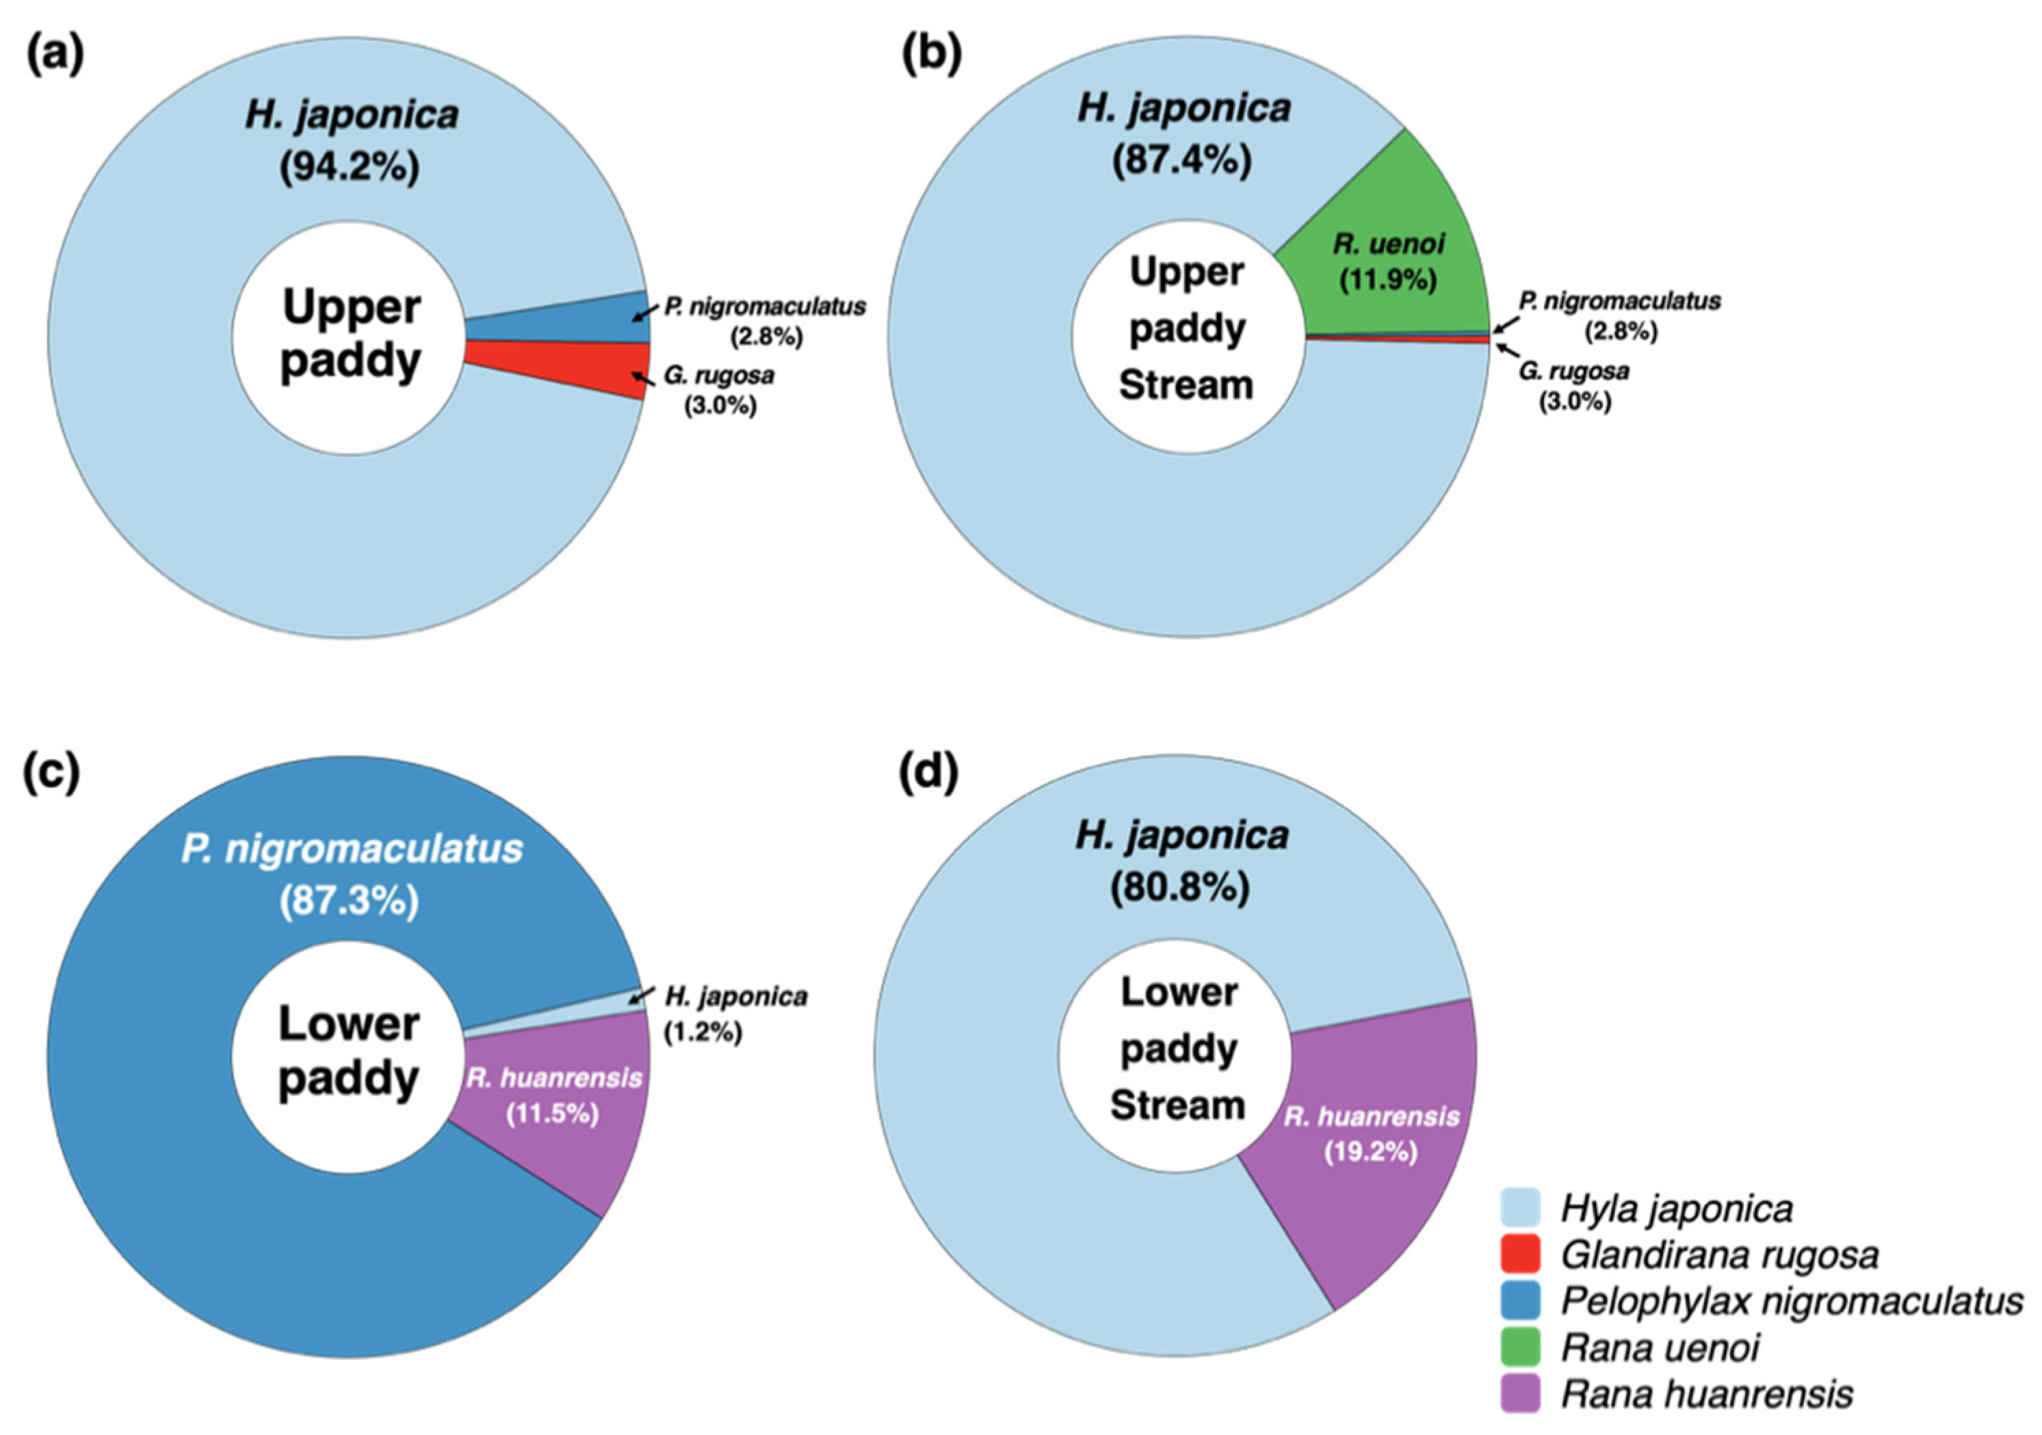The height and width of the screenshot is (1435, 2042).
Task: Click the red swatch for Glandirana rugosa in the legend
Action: point(1520,1254)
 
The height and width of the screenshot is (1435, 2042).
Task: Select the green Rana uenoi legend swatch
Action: point(1520,1347)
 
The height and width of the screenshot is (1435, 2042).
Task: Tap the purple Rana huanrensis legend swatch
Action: point(1520,1394)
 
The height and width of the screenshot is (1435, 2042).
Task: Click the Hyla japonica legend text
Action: point(1677,1209)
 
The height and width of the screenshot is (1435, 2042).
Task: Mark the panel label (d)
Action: point(930,774)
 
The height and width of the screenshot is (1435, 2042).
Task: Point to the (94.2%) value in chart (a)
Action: point(349,166)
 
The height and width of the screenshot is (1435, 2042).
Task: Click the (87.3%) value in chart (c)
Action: point(349,902)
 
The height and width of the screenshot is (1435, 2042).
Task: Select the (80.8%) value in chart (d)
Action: point(1179,887)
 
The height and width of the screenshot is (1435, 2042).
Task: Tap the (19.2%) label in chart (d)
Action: point(1370,1153)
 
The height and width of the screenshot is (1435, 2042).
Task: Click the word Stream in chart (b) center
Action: point(1186,386)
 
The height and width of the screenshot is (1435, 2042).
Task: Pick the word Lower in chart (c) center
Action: point(349,1024)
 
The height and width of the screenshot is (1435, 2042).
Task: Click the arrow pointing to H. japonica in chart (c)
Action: point(641,995)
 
